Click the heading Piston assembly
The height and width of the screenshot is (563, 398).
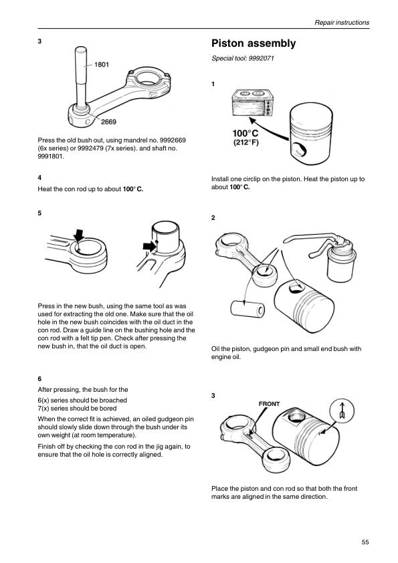pos(254,43)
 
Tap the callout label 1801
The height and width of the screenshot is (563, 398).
pos(102,65)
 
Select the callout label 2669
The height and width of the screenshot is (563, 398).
pos(108,122)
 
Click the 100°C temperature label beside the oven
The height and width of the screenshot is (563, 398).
pos(245,134)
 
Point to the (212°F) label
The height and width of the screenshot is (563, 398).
pos(246,142)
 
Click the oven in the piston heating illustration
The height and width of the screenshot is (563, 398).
pos(252,103)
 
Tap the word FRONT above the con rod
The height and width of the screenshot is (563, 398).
pos(269,404)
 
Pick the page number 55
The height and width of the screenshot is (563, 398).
pos(365,542)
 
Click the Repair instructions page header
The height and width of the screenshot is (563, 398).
pos(342,22)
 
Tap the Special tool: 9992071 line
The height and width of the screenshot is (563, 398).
pos(242,58)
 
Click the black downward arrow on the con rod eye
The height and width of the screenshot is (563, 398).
pos(79,236)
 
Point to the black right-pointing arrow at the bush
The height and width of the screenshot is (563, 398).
pos(149,246)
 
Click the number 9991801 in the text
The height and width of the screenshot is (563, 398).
pos(51,156)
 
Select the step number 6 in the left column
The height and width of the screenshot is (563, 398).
pos(39,379)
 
